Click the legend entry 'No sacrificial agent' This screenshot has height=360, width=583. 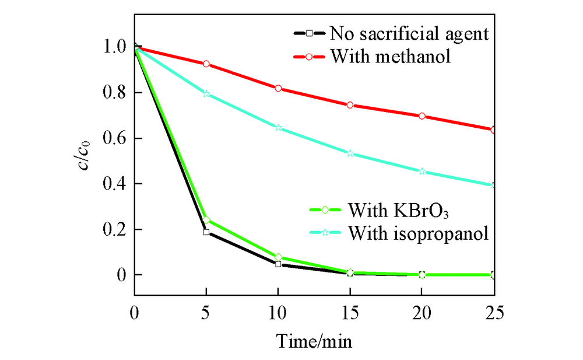408,33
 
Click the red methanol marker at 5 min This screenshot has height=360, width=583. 206,64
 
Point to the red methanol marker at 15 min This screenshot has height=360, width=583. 350,105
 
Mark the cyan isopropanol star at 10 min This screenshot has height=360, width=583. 278,128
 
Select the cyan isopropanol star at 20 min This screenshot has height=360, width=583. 422,172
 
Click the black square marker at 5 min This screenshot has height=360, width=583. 206,232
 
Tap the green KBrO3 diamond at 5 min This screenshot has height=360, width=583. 206,220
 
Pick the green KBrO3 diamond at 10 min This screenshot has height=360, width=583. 278,257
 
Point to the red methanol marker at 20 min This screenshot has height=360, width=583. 422,116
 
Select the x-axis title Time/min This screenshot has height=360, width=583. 314,340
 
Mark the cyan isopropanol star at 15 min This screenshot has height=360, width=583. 350,153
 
